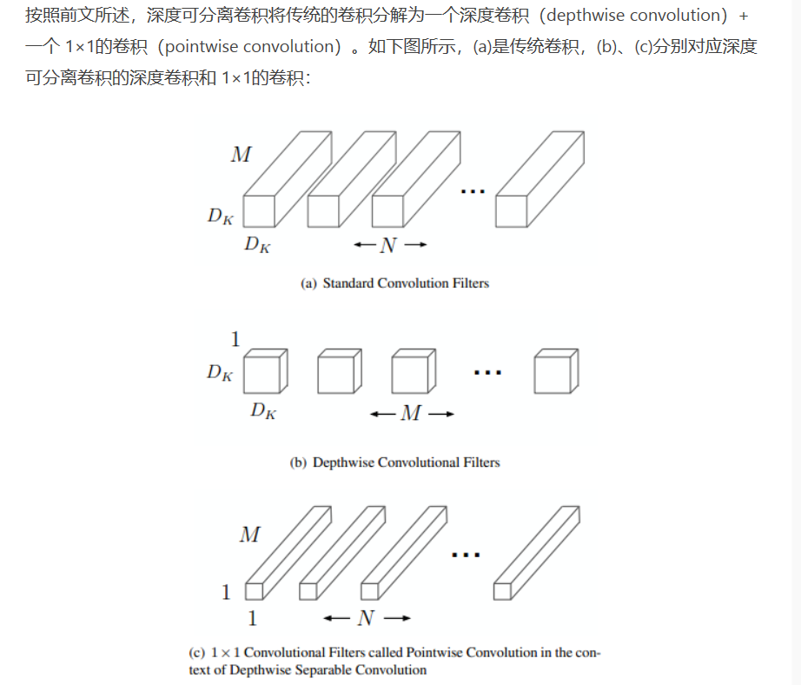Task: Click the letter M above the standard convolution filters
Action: (241, 155)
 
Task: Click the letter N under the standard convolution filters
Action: (388, 246)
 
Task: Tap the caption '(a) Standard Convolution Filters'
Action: (394, 283)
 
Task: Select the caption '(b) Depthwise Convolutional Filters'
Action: (394, 462)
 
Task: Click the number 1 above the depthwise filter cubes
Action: (235, 340)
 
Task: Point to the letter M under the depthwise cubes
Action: (411, 414)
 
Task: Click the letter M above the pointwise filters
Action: (249, 534)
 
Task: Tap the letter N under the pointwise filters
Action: (366, 618)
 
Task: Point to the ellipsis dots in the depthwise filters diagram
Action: (488, 372)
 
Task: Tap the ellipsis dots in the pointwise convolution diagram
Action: (467, 554)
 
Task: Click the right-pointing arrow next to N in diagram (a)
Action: (415, 246)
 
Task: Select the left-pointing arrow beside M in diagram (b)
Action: (382, 415)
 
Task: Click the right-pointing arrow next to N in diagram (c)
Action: (396, 618)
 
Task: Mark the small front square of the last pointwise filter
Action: (501, 591)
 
